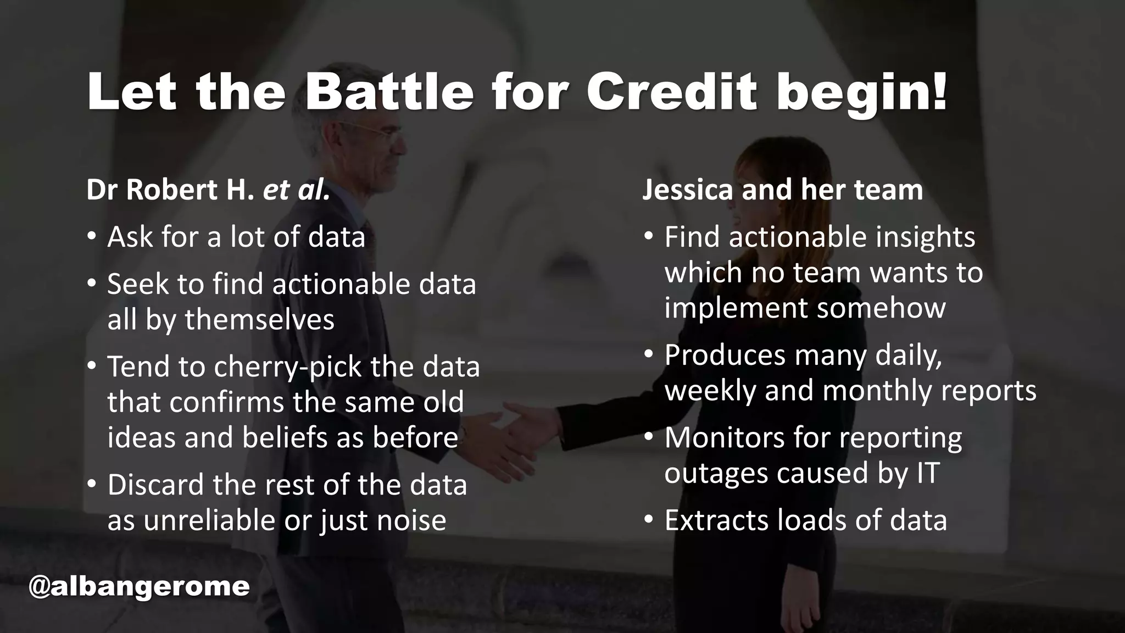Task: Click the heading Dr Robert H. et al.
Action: pos(208,190)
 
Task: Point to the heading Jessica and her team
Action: pos(782,190)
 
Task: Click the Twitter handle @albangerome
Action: pos(139,586)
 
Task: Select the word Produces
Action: pos(725,356)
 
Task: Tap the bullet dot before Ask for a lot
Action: pos(92,237)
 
